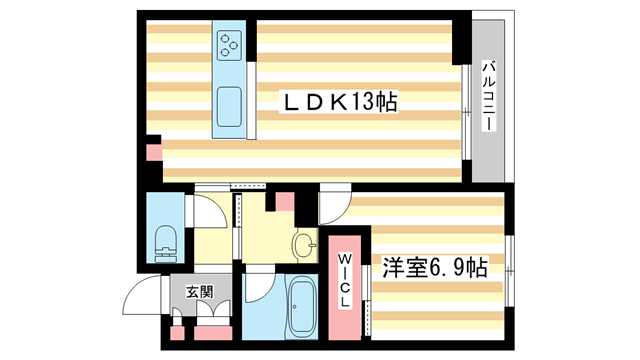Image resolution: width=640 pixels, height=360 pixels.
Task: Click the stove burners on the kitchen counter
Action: (230, 44)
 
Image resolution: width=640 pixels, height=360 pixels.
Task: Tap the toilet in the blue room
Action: (165, 239)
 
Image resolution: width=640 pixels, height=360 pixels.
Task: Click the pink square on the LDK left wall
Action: (153, 154)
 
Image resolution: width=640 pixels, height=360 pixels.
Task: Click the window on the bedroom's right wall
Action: (509, 266)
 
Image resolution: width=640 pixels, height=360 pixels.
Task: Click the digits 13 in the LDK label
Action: (361, 101)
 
